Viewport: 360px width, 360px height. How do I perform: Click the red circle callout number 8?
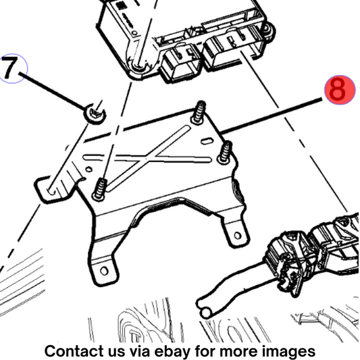[x=340, y=90]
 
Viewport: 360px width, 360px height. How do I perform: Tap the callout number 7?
[x=9, y=68]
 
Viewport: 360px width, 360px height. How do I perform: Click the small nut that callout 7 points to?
[x=95, y=113]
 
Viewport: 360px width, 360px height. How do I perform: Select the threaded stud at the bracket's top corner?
[x=199, y=113]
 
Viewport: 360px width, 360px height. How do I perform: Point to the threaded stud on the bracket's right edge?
[x=225, y=152]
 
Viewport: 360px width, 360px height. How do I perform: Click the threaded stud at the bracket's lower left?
[x=100, y=189]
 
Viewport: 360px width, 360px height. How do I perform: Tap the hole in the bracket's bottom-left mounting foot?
[x=104, y=271]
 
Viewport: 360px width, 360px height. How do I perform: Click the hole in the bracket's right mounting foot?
[x=237, y=235]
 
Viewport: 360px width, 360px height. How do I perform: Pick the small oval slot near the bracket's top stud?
[x=207, y=141]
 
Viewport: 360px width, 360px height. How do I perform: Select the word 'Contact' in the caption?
[x=74, y=351]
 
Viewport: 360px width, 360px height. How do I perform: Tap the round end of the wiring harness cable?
[x=206, y=313]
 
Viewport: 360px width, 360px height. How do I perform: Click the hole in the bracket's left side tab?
[x=51, y=190]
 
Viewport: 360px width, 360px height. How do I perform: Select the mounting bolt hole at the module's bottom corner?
[x=138, y=67]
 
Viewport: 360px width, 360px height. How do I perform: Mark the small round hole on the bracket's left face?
[x=88, y=170]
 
